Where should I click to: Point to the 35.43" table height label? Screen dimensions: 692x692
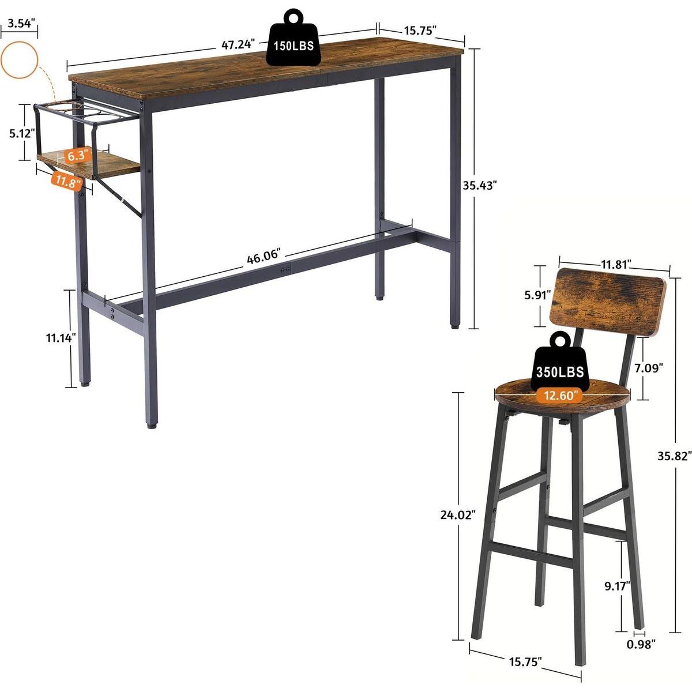[x=480, y=185]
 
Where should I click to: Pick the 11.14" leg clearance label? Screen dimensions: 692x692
[x=61, y=338]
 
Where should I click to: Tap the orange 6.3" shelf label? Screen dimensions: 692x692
[x=76, y=155]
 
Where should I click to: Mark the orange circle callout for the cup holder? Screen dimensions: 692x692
[x=19, y=59]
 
